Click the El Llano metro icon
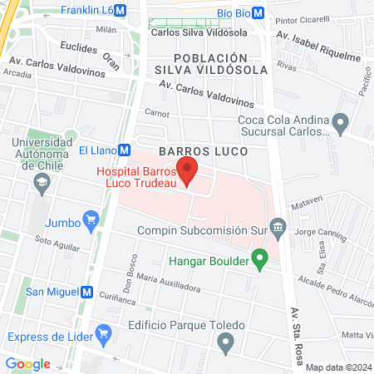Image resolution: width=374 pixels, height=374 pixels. [124, 150]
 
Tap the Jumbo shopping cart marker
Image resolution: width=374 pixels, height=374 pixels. [91, 221]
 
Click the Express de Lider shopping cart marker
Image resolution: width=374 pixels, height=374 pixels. [103, 335]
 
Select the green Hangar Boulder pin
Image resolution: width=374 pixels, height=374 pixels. [259, 259]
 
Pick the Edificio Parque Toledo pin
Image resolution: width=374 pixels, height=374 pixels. [224, 342]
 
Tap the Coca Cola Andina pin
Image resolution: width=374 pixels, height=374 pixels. [339, 121]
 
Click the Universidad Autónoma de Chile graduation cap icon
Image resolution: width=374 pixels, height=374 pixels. [41, 183]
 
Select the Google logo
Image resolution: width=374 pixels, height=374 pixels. [28, 363]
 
